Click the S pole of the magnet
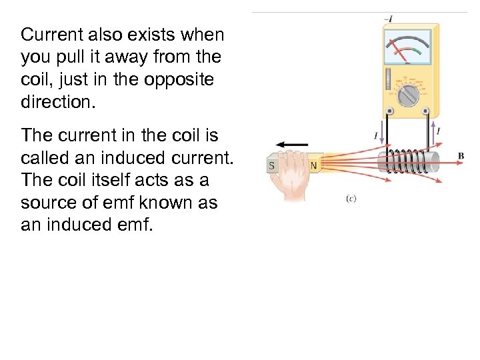(271, 165)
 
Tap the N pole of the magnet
(313, 165)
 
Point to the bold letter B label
(461, 156)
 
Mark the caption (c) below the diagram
(351, 199)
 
